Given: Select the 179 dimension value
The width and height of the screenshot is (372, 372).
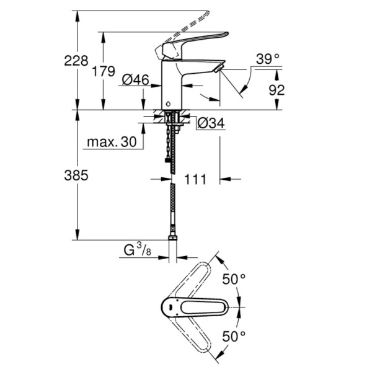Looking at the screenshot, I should pyautogui.click(x=103, y=71).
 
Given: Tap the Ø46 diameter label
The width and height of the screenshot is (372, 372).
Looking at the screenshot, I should pyautogui.click(x=135, y=79).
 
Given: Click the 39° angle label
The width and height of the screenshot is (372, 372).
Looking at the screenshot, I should pyautogui.click(x=268, y=60).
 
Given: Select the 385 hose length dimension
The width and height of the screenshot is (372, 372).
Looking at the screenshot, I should pyautogui.click(x=76, y=175).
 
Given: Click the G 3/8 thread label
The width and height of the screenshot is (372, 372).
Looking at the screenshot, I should pyautogui.click(x=135, y=251).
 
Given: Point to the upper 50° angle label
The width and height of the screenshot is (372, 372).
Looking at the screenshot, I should pyautogui.click(x=234, y=279).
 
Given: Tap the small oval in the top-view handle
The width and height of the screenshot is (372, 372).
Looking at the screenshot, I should pyautogui.click(x=170, y=306).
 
